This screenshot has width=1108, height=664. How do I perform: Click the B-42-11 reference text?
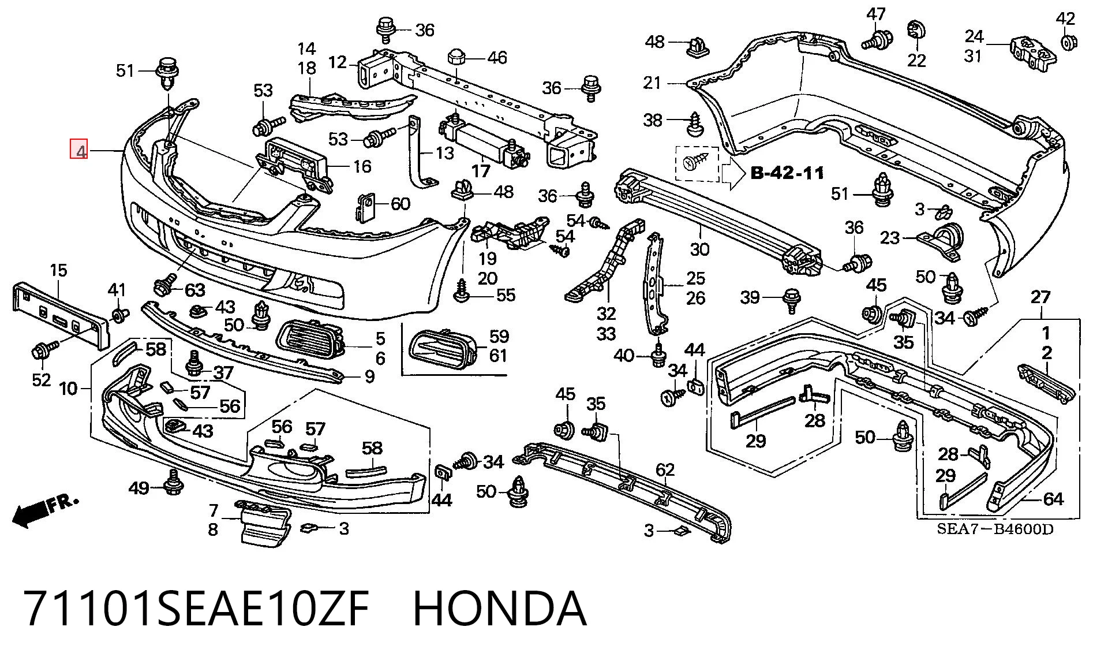[787, 173]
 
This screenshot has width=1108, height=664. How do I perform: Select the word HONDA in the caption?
[500, 608]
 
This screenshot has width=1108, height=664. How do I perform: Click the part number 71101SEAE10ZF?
[196, 608]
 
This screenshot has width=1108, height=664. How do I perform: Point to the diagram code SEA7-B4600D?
[994, 528]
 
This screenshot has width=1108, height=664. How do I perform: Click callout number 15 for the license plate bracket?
[58, 270]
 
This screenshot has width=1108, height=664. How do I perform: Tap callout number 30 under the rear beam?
[699, 249]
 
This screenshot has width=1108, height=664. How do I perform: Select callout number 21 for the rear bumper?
[652, 83]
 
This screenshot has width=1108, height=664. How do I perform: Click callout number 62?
[665, 471]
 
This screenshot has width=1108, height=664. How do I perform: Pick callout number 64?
[1053, 498]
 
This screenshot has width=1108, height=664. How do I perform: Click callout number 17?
[481, 170]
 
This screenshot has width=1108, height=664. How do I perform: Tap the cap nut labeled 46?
[457, 57]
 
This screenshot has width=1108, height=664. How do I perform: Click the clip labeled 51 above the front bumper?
[167, 73]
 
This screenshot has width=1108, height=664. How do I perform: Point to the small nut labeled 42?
[1067, 42]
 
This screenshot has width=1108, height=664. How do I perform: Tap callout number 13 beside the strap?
[445, 152]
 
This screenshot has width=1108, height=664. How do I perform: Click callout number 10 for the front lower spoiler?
[68, 388]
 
